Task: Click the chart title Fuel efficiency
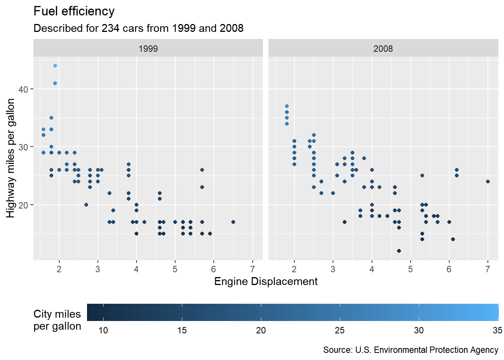coord(74,11)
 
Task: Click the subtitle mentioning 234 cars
coord(138,28)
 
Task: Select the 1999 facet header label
coord(148,49)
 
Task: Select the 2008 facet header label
coord(383,49)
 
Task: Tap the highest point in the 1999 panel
coord(55,66)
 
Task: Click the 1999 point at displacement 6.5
coord(233,222)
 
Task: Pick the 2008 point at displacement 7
coord(488,181)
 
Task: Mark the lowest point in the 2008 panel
coord(399,251)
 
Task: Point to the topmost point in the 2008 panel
coord(287,106)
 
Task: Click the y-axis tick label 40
coord(23,89)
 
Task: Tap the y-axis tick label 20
coord(23,205)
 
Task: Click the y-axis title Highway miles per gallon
coord(10,158)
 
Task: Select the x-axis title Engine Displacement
coord(265,282)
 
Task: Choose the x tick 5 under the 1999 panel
coord(175,269)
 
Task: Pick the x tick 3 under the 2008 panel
coord(333,269)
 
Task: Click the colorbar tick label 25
coord(340,330)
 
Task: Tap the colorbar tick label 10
coord(103,330)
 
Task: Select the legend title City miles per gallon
coord(57,320)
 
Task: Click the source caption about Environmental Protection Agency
coord(411,350)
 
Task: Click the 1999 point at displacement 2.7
coord(86,205)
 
